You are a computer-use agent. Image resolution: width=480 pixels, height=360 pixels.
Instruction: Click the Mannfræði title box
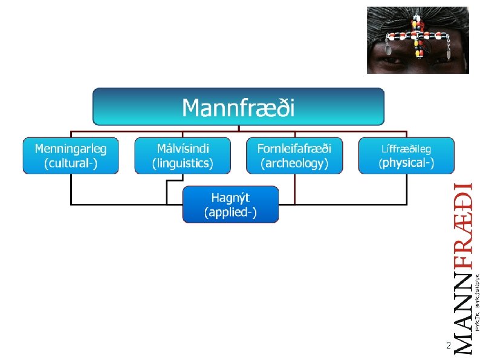238,107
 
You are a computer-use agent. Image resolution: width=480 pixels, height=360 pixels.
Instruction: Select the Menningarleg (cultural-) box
71,155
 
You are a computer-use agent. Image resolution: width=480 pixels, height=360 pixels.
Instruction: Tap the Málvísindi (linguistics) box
183,155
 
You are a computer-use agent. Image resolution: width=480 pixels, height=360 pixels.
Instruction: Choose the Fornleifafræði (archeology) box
294,155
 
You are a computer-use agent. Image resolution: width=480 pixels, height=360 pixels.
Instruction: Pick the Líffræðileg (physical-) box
406,155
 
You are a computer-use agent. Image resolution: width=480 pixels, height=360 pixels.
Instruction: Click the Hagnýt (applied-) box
231,205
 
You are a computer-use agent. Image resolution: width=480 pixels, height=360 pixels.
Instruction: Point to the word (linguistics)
183,163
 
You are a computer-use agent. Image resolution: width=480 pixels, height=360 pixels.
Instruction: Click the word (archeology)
294,163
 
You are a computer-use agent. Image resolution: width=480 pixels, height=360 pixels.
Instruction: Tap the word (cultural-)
71,163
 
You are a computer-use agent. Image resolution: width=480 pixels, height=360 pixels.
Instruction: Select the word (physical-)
406,163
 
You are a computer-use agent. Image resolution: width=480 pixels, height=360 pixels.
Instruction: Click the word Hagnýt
231,197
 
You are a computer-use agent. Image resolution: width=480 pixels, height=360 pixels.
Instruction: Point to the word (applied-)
231,212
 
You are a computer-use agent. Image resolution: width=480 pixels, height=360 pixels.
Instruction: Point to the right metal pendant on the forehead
448,53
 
